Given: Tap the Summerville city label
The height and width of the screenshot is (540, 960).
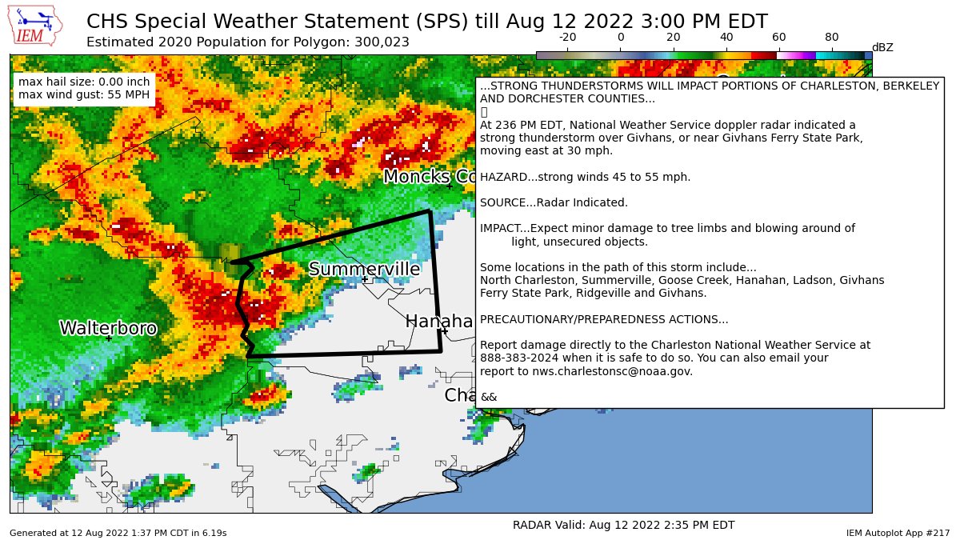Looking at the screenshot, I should (x=364, y=269).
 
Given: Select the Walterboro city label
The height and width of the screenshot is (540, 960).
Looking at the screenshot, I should (x=108, y=328).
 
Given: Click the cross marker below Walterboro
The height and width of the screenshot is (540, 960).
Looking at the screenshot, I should (x=109, y=338).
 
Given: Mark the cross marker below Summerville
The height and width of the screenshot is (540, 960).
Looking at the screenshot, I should (x=365, y=280).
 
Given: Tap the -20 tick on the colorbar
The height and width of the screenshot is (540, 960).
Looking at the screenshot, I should (x=567, y=37).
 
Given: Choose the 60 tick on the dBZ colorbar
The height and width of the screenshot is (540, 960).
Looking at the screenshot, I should (x=778, y=37).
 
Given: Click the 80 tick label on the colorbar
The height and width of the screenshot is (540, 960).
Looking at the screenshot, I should (x=831, y=37).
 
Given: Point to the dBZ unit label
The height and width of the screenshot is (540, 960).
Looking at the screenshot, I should (x=882, y=48).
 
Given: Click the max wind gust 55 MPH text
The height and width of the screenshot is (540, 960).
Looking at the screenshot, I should (x=84, y=95).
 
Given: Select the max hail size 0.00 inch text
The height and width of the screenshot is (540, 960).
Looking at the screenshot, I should (x=84, y=82).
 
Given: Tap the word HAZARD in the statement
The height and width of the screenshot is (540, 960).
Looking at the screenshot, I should (x=502, y=177).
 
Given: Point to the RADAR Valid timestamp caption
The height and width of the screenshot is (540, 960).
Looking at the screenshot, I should (x=623, y=525).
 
